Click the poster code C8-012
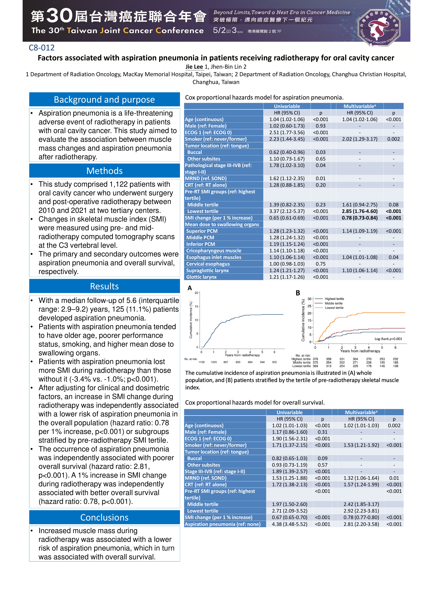click(42, 48)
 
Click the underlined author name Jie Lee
click(194, 67)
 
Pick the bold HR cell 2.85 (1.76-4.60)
click(360, 211)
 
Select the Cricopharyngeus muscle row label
click(214, 251)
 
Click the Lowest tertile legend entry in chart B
click(334, 308)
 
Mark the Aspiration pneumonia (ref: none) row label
click(222, 524)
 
